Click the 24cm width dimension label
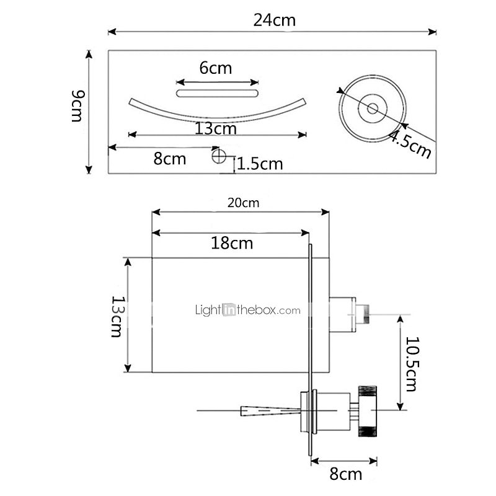[x=274, y=20]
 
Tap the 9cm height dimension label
[x=77, y=105]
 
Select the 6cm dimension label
[x=215, y=68]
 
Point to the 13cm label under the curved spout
[x=215, y=129]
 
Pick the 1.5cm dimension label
[x=260, y=164]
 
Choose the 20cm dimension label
[x=242, y=203]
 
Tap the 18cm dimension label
[x=232, y=242]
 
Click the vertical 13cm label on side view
[x=116, y=316]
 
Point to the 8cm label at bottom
[x=345, y=475]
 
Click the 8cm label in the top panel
[x=170, y=158]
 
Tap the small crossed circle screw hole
[x=218, y=156]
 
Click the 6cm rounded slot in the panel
[x=217, y=94]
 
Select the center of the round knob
[x=372, y=108]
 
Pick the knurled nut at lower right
[x=368, y=410]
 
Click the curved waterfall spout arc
[x=217, y=115]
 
